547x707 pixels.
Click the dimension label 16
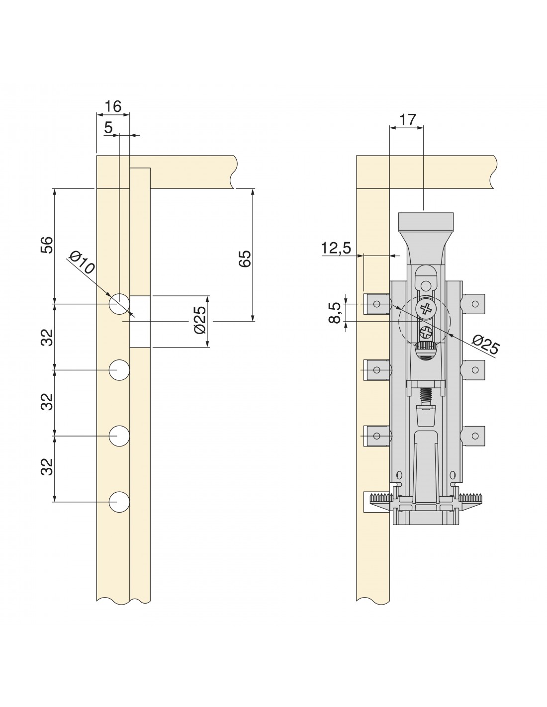click(x=113, y=106)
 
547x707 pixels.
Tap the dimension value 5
click(x=108, y=128)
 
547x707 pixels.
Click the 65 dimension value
click(x=245, y=259)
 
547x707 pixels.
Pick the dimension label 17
click(x=407, y=120)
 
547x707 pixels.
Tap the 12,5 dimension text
click(x=336, y=248)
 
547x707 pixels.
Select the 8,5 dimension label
click(x=335, y=312)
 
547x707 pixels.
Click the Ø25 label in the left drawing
click(x=200, y=320)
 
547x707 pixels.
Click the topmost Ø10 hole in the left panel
click(x=119, y=304)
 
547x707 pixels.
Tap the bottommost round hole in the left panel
click(x=119, y=502)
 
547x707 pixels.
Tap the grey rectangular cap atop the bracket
click(x=426, y=221)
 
